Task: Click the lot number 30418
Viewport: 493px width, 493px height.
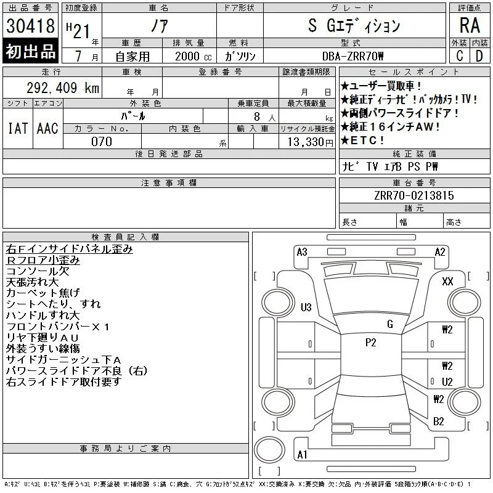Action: click(30, 26)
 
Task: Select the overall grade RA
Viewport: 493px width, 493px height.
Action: click(470, 25)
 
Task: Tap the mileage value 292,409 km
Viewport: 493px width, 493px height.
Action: click(63, 88)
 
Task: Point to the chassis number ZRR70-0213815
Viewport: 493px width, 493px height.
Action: click(414, 195)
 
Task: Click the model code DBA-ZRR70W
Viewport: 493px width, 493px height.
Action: click(352, 56)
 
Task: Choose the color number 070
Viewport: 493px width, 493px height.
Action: click(102, 142)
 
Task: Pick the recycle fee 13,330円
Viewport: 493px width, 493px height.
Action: click(311, 142)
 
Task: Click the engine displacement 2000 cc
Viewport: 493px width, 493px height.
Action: click(194, 57)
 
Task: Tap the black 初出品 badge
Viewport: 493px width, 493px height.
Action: click(30, 51)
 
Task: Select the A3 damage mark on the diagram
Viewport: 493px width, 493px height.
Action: click(302, 252)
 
